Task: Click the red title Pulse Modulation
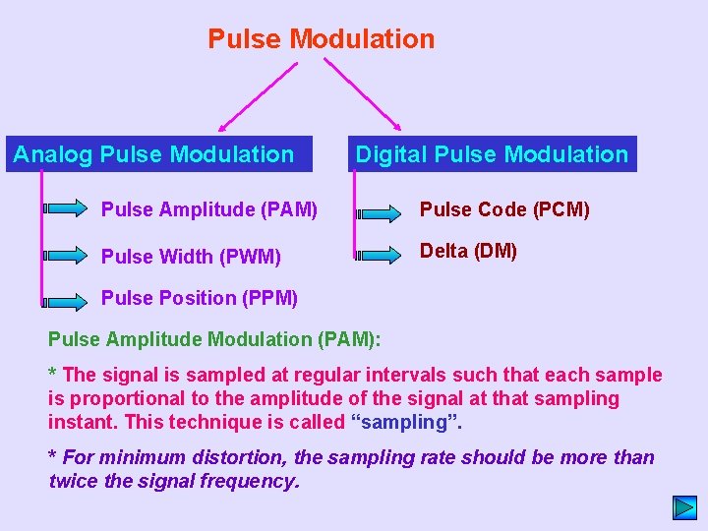[321, 39]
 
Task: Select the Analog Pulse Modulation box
[158, 154]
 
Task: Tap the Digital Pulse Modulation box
[491, 154]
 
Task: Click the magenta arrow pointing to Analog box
[258, 95]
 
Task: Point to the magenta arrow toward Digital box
[364, 95]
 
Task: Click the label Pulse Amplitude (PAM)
[208, 209]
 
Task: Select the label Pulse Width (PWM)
[191, 257]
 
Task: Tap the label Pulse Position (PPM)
[199, 298]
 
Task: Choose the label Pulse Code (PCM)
[504, 209]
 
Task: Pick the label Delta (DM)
[468, 251]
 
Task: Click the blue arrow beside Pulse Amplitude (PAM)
[67, 208]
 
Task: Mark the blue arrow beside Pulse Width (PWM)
[67, 255]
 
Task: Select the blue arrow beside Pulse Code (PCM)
[378, 212]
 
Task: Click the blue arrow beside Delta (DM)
[378, 256]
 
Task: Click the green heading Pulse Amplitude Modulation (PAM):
[215, 339]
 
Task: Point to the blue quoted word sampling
[405, 423]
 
